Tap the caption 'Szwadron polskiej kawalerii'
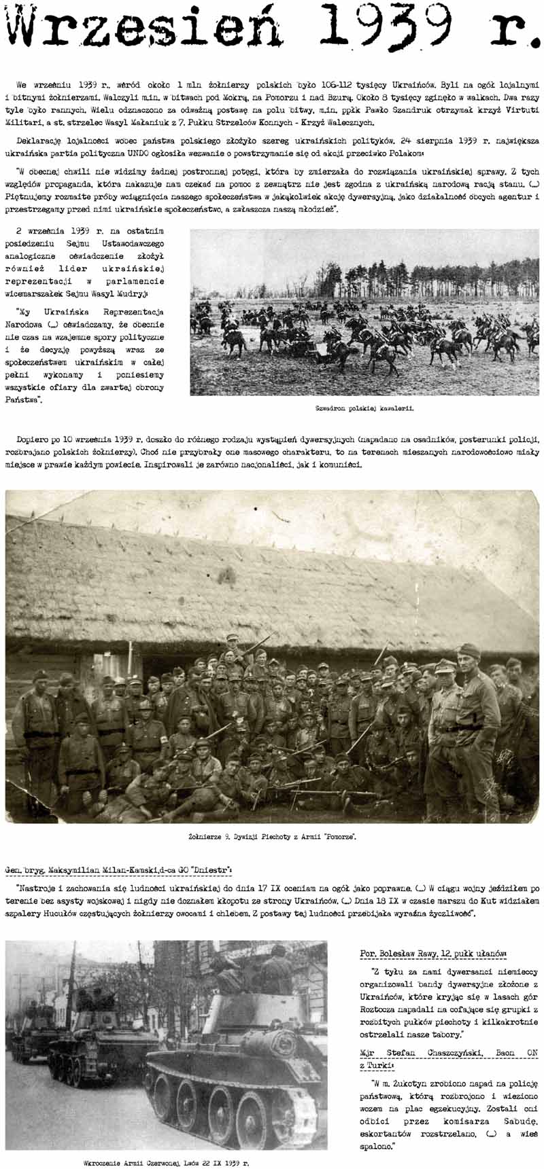tap(364, 409)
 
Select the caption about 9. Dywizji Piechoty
tap(272, 837)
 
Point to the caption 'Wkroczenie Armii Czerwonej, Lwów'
tap(166, 1162)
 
